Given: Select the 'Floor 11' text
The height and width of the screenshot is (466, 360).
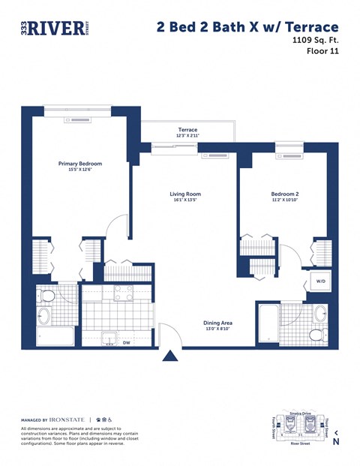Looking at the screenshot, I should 322,52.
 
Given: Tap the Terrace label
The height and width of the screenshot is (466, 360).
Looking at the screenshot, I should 187,130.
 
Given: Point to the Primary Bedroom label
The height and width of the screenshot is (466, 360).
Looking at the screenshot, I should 80,164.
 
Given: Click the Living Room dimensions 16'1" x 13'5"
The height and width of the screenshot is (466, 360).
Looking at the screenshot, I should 184,200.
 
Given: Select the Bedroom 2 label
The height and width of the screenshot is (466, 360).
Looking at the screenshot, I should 285,194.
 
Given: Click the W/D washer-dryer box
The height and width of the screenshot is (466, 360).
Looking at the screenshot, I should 320,282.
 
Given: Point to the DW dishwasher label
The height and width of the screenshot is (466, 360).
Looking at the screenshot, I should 126,344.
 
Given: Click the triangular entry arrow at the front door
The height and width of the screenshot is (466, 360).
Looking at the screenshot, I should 169,356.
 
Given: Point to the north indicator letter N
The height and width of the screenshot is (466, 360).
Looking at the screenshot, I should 335,442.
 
